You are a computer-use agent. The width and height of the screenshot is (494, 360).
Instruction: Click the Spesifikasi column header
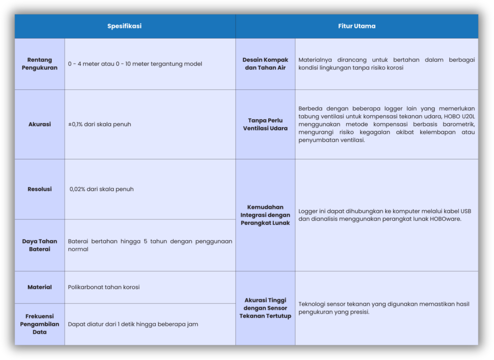(x=124, y=26)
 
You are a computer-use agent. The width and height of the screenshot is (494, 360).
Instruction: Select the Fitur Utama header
(x=357, y=26)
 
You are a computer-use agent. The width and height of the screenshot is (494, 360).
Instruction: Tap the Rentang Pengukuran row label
(x=40, y=64)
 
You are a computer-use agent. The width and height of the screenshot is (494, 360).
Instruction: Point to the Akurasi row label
(x=40, y=124)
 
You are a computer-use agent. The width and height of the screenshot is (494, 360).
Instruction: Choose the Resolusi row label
(x=40, y=189)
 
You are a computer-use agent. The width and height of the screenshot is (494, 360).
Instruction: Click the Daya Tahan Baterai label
(x=40, y=245)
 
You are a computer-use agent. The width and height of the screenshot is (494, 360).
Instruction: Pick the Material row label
(x=40, y=287)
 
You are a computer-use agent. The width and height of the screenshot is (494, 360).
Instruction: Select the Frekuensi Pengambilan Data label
(x=40, y=324)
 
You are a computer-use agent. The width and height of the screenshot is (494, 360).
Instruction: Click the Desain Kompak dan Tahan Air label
(x=265, y=64)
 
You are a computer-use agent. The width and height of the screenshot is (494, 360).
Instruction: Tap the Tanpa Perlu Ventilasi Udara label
(x=265, y=124)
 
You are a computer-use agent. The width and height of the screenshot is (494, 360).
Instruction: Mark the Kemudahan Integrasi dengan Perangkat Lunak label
(x=265, y=215)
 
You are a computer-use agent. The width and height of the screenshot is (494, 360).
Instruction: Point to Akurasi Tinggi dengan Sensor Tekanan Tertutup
(x=265, y=308)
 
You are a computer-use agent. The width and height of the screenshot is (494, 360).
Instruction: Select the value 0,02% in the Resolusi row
(x=78, y=189)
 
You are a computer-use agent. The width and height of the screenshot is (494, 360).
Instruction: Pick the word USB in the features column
(x=466, y=211)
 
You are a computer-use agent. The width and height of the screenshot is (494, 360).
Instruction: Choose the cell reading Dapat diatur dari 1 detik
(x=133, y=324)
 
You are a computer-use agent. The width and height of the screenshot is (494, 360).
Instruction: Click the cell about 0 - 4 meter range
(x=135, y=64)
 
